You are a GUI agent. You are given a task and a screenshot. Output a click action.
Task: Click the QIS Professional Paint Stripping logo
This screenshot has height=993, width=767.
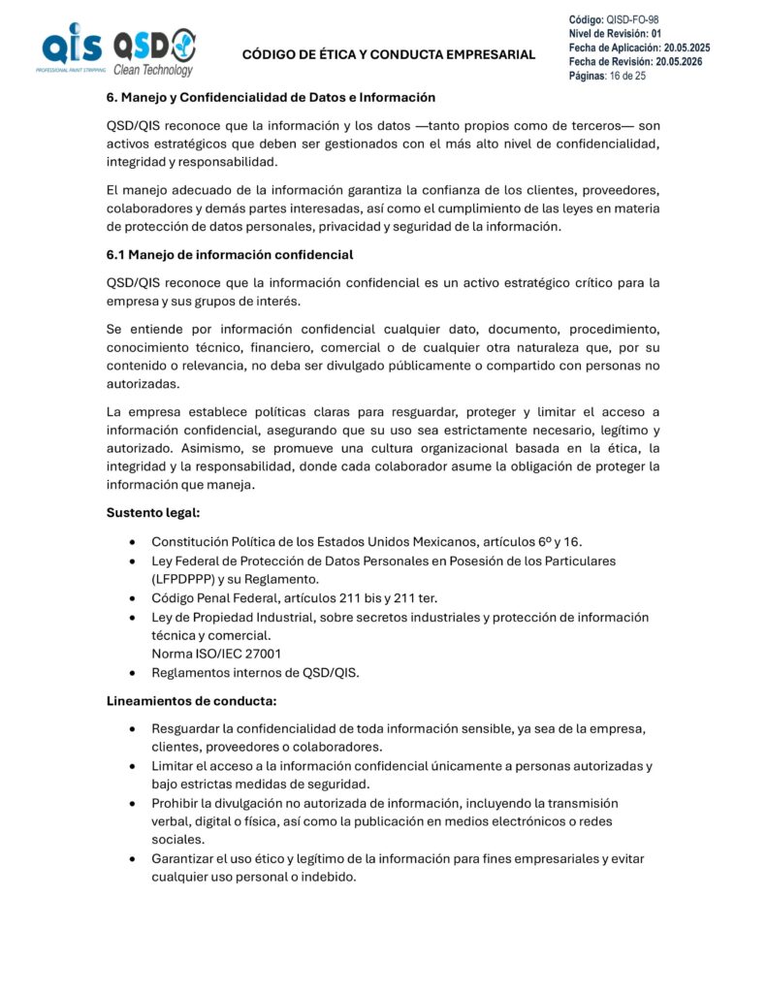(x=71, y=48)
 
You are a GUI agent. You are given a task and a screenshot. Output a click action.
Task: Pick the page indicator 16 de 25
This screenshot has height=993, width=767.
(x=628, y=75)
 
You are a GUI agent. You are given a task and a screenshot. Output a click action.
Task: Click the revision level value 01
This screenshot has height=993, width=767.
(x=656, y=33)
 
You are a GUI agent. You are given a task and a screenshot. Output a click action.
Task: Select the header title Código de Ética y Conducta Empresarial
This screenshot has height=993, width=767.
(x=388, y=54)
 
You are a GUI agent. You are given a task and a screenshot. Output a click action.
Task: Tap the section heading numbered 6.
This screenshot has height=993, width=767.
(x=271, y=97)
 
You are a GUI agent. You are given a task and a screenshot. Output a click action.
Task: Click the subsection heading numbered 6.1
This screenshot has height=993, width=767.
(x=230, y=255)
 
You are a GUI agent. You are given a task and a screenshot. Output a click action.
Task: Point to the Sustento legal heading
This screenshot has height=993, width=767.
(x=153, y=512)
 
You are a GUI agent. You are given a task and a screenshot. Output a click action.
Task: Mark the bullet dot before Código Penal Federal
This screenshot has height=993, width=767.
(x=131, y=598)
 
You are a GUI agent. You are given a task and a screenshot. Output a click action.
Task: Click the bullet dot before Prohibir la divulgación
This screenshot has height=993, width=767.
(x=131, y=804)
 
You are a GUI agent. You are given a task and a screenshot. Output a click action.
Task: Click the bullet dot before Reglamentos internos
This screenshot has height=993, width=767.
(x=131, y=673)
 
